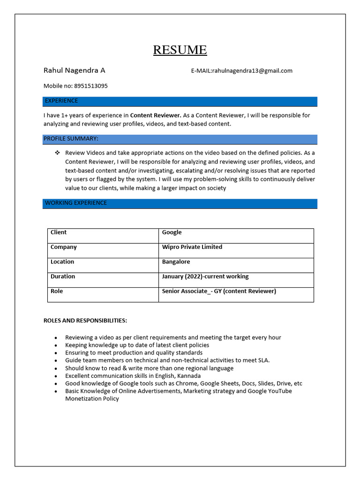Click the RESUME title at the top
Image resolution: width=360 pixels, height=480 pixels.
180,50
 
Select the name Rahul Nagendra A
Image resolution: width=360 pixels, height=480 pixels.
74,70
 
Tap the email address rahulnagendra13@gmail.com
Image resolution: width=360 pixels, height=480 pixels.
252,71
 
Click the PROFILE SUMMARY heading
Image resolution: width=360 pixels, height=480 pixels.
71,139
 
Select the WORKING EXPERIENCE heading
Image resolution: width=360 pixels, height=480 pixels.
76,203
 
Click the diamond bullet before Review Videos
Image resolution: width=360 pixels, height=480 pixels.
57,153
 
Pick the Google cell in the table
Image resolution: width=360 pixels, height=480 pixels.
172,232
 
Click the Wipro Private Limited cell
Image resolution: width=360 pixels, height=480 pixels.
192,247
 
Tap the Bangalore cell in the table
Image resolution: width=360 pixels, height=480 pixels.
176,262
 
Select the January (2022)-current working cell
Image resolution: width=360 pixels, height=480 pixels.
205,277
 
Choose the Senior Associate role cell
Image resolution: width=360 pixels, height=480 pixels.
218,291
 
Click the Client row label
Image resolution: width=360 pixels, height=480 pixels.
59,232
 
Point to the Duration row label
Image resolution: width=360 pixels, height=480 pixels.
63,277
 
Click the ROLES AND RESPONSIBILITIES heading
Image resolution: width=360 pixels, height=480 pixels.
85,321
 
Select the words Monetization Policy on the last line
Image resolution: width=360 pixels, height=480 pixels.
92,399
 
